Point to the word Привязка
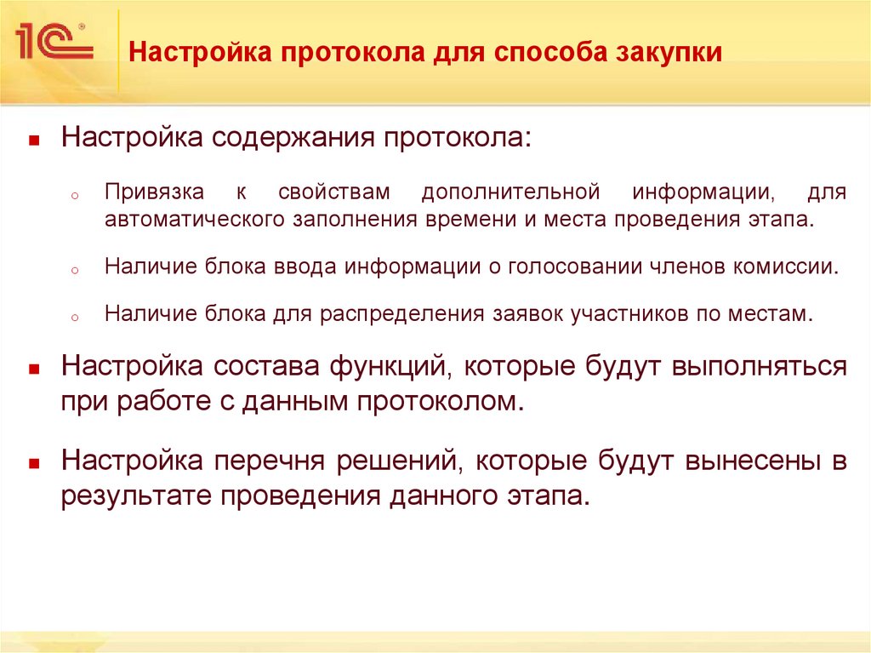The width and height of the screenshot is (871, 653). pos(151,192)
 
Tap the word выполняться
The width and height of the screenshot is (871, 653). pos(760,367)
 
